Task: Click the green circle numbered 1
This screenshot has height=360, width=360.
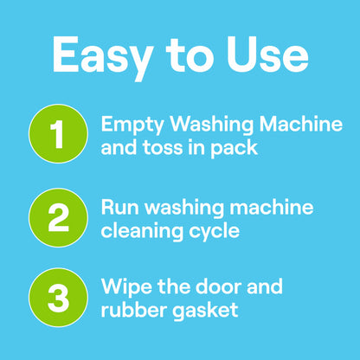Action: [x=58, y=136]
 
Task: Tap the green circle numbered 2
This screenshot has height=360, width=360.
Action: [x=58, y=217]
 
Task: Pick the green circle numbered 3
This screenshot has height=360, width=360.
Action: [x=58, y=298]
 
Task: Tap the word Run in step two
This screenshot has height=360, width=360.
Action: [x=118, y=207]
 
